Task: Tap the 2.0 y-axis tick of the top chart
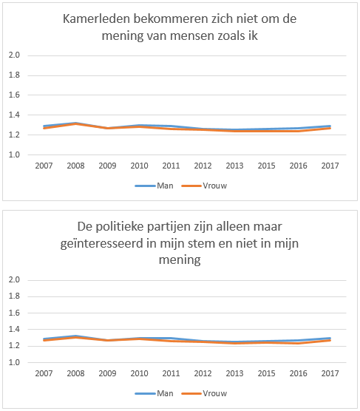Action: coord(14,55)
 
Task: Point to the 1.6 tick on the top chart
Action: coord(14,95)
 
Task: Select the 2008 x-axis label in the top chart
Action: coord(75,166)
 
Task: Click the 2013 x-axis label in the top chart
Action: coord(234,166)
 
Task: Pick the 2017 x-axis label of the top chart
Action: coord(330,166)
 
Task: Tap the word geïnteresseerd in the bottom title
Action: coord(102,244)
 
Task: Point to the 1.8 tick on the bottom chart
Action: coord(14,296)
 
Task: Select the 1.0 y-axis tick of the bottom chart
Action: coord(14,362)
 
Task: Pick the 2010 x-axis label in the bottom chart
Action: coord(139,373)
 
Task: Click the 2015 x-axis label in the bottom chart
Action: coord(266,373)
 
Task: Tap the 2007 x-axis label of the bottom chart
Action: coord(44,373)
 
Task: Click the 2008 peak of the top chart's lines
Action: coord(75,123)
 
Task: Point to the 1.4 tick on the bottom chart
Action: coord(14,329)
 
